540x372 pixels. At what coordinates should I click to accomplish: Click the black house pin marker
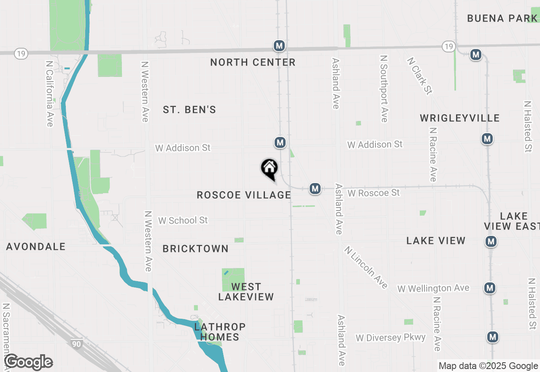tap(269, 169)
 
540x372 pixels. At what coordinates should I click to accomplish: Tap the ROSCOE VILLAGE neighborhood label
tap(244, 195)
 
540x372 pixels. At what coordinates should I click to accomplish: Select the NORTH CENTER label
tap(253, 63)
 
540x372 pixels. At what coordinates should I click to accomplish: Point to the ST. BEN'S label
tap(189, 110)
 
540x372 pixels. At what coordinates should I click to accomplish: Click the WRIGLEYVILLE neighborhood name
tap(460, 118)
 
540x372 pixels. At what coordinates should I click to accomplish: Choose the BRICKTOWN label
tap(195, 249)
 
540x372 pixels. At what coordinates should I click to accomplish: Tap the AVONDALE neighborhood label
tap(36, 247)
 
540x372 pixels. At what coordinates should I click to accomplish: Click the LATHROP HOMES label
tap(220, 332)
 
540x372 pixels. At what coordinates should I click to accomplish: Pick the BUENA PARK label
tap(502, 19)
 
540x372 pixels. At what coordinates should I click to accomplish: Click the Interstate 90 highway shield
tap(76, 344)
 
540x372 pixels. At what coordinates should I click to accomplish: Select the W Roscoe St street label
tap(373, 193)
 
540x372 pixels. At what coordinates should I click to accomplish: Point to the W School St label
tap(183, 221)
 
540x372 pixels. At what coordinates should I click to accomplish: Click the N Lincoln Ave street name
tap(366, 267)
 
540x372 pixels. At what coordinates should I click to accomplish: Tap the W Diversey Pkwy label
tap(390, 338)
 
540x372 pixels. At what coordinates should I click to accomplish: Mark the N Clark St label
tap(419, 76)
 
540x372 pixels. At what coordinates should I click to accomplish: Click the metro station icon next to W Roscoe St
tap(315, 189)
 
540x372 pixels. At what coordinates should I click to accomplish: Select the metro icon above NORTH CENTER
tap(278, 46)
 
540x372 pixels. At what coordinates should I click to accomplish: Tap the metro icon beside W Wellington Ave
tap(489, 288)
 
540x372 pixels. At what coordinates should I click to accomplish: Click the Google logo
tap(28, 362)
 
